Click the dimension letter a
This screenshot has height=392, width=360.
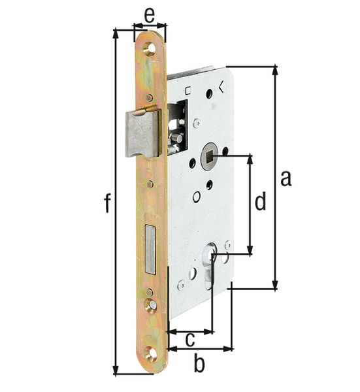point(286,178)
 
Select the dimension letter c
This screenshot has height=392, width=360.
point(190,340)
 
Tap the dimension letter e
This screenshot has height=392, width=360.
point(150,16)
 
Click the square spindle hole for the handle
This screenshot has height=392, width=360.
point(207,157)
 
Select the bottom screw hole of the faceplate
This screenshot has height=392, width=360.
point(151,353)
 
